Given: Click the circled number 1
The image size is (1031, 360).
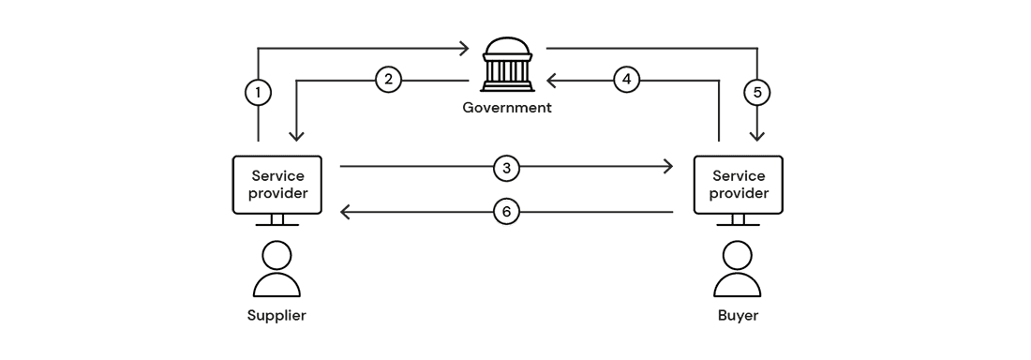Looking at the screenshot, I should pos(258,93).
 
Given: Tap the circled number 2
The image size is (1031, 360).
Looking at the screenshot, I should pos(388,80).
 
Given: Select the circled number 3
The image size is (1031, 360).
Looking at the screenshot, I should pos(506,168).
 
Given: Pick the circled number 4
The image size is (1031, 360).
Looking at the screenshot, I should pos(627,80).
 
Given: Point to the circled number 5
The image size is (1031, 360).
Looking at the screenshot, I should pos(757,93).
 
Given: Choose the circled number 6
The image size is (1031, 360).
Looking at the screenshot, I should pos(506,213).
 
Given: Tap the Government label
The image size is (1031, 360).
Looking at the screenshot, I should pos(507,108).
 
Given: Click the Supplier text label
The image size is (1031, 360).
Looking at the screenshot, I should pos(276,315).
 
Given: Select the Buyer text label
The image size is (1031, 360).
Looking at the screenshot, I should pos(737,315).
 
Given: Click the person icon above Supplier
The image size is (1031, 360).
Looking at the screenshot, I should pos(277,270).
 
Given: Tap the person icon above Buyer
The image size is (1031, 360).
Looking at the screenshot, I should pos(737,270).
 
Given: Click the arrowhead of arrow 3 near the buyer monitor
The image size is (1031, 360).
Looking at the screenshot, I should pos(668,168).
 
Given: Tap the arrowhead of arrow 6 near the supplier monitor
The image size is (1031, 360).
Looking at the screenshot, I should pos(345,213).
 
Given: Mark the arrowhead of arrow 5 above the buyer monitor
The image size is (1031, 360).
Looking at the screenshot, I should pos(757,136).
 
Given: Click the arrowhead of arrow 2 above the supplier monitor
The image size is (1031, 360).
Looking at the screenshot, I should pos(297,136).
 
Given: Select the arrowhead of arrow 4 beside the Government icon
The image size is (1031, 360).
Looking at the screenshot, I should pos(552,80).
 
